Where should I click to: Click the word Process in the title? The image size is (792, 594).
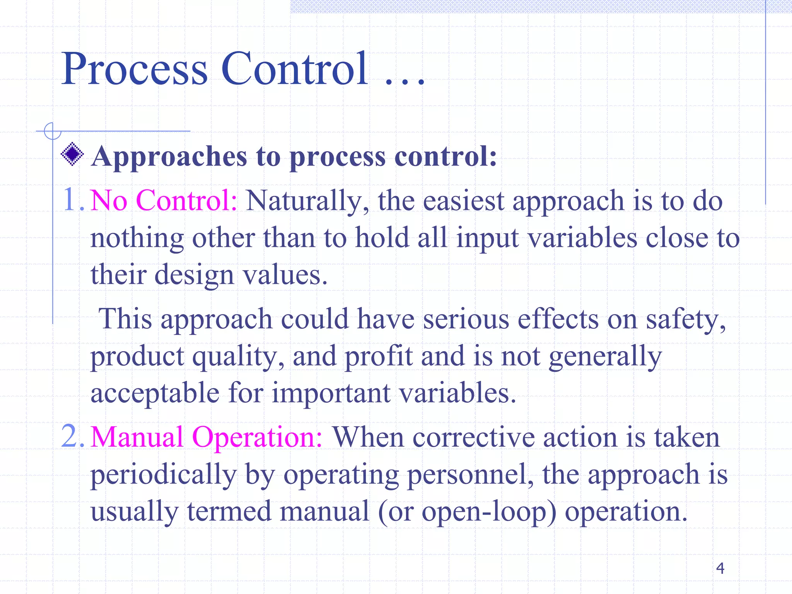(x=135, y=70)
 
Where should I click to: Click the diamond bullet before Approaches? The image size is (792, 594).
(x=72, y=154)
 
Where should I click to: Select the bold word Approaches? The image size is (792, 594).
(x=169, y=157)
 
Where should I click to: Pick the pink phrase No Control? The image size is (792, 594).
(x=164, y=201)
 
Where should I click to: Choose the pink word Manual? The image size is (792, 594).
(x=137, y=437)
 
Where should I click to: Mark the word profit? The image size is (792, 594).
(x=379, y=357)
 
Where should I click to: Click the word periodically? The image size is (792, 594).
(x=163, y=475)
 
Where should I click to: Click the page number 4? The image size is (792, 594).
(x=720, y=568)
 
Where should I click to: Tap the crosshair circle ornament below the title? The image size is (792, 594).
(x=52, y=131)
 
